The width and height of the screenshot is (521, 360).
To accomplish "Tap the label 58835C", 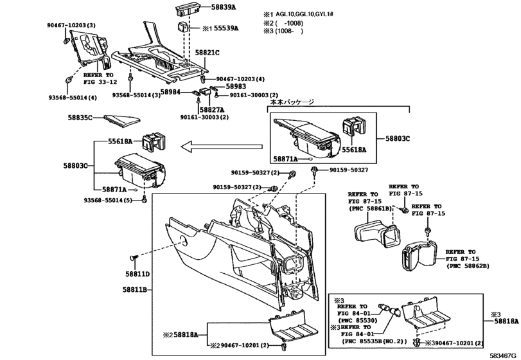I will coord(81,118).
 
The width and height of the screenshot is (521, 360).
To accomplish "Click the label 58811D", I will coord(137,274).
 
